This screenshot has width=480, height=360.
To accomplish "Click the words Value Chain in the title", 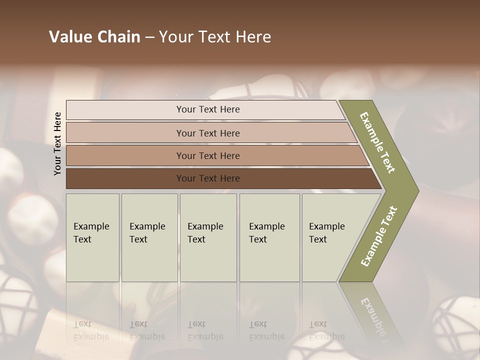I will pyautogui.click(x=94, y=37).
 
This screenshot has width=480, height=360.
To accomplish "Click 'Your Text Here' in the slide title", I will pyautogui.click(x=215, y=37).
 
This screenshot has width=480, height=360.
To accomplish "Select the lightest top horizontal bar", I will pyautogui.click(x=125, y=109).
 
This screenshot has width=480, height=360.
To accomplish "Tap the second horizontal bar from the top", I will pyautogui.click(x=125, y=133).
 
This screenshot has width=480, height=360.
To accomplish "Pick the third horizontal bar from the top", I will pyautogui.click(x=125, y=155).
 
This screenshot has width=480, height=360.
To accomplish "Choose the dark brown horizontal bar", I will pyautogui.click(x=125, y=178).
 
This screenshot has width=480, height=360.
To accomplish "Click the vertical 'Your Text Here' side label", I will pyautogui.click(x=57, y=143).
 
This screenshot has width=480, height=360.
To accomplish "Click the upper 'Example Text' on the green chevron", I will pyautogui.click(x=377, y=142).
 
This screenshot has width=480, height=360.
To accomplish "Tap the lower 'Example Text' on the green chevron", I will pyautogui.click(x=379, y=236).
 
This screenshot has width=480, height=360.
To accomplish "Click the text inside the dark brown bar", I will pyautogui.click(x=208, y=178).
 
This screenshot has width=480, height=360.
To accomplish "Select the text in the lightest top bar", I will pyautogui.click(x=208, y=109).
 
